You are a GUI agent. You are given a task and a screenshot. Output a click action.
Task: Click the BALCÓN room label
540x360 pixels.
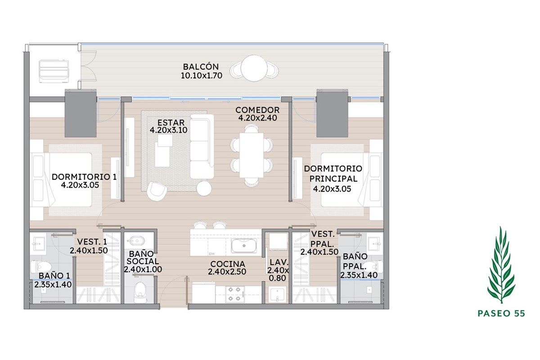pos(201,67)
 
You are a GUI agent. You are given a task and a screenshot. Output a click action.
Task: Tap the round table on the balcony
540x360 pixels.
pos(254,68)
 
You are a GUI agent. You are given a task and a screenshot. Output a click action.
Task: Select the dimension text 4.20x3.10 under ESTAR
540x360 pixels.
pos(168,130)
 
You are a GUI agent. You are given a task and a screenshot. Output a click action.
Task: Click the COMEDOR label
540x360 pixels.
pos(257,110)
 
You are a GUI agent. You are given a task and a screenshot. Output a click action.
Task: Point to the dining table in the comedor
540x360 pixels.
pos(252,155)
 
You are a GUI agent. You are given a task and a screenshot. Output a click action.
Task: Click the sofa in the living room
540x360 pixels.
pos(202,146)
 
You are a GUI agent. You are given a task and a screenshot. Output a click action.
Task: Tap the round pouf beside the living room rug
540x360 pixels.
pos(204,188)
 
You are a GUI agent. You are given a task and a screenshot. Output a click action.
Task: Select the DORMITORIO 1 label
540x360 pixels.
pos(84,177)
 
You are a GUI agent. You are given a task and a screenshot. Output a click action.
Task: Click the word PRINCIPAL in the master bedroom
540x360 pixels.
pos(333,179)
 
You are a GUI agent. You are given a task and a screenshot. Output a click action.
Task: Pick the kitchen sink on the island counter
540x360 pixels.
pos(244,245)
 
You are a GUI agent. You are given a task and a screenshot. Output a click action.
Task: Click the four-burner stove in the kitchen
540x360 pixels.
pos(234,294)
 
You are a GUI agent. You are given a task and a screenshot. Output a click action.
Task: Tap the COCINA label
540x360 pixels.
pos(228,264)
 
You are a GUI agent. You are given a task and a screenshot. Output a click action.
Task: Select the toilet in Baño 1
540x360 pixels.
pos(41,267)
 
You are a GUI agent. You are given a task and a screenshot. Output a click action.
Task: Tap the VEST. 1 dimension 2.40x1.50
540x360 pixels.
pos(89,251)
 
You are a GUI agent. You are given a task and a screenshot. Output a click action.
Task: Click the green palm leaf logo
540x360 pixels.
pos(501,265)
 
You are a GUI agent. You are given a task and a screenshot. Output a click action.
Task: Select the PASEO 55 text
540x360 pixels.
pos(501,314)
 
